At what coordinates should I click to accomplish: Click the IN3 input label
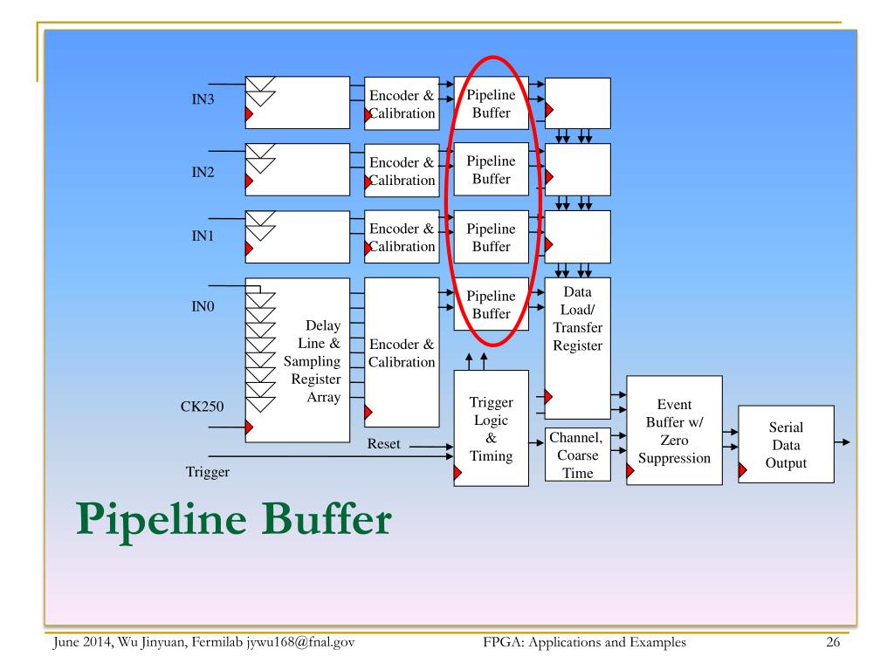tap(203, 99)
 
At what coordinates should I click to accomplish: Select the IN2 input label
tap(203, 172)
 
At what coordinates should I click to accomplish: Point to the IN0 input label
tap(203, 307)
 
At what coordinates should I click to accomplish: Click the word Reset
tap(383, 444)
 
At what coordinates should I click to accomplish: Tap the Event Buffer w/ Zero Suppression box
tap(675, 431)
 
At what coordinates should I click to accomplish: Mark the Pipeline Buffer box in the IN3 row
tap(491, 103)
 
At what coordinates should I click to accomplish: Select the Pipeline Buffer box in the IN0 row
tap(491, 305)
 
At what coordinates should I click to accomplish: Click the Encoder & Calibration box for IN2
tap(402, 171)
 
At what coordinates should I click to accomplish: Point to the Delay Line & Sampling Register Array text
tap(313, 361)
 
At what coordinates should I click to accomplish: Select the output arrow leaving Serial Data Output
tap(842, 442)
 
